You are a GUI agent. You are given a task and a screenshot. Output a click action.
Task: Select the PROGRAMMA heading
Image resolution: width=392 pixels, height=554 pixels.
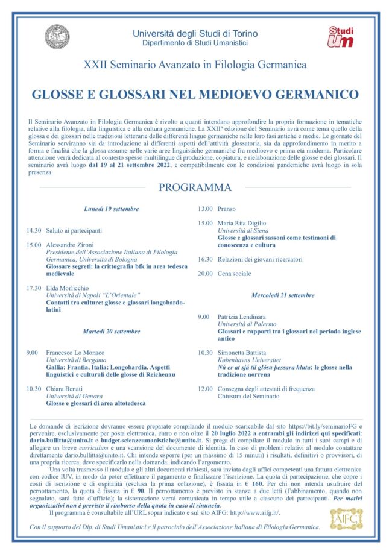pos(195,187)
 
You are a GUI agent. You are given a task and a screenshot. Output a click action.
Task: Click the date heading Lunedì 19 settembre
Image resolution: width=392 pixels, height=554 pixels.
pos(111,209)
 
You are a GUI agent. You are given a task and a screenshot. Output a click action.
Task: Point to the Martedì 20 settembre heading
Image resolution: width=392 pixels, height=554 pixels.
pos(111,331)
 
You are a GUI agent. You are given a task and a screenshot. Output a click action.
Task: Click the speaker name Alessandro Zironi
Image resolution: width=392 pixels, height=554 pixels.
pos(74,245)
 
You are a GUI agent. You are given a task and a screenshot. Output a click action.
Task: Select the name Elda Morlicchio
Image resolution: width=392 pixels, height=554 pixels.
pos(71,288)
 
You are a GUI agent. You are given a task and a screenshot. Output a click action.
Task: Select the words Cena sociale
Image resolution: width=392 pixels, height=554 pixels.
pos(234,273)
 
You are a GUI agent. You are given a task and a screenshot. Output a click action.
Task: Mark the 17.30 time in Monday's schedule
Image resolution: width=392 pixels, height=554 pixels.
pos(34,288)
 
